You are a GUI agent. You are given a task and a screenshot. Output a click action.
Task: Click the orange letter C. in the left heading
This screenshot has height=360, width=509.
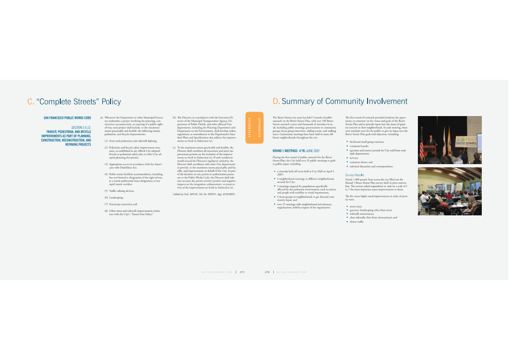(30, 102)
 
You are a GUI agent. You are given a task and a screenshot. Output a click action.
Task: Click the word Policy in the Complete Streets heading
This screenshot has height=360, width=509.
(111, 102)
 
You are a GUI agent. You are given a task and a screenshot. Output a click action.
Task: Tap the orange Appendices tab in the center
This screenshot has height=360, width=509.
(254, 127)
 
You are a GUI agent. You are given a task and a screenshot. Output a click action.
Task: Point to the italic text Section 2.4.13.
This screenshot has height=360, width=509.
(81, 128)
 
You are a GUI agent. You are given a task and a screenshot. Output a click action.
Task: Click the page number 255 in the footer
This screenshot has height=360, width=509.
(242, 272)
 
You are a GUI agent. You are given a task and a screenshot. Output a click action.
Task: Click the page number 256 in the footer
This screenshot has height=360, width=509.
(267, 272)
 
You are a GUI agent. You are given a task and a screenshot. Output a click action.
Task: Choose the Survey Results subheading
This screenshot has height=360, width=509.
(354, 175)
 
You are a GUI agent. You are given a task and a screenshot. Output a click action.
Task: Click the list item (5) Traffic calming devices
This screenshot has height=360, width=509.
(119, 191)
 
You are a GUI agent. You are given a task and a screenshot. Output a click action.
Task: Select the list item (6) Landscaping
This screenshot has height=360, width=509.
(114, 198)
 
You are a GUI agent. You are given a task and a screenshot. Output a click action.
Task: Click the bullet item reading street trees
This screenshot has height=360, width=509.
(355, 206)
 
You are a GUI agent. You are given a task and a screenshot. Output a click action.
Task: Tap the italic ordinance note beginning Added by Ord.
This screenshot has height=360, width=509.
(204, 194)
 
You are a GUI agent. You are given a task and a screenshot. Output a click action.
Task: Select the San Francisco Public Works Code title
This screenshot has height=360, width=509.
(67, 118)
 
